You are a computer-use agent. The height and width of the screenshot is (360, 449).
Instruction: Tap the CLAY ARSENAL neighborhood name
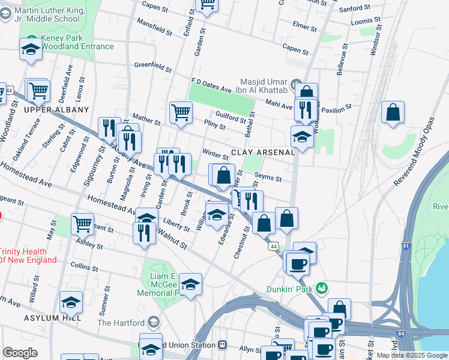263,152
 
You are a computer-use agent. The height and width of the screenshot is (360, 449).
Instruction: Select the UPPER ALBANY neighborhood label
56,110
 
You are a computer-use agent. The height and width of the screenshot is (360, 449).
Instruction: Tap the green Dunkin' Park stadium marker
323,289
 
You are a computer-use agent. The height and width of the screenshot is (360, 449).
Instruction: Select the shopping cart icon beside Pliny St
181,112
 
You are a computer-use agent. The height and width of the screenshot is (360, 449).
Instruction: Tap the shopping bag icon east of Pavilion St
392,112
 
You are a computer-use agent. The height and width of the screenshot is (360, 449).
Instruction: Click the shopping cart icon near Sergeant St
83,224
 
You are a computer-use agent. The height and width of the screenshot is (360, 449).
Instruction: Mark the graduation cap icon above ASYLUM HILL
71,302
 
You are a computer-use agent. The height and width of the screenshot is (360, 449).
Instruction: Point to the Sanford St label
354,8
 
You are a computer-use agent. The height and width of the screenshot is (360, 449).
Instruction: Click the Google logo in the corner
20,353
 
